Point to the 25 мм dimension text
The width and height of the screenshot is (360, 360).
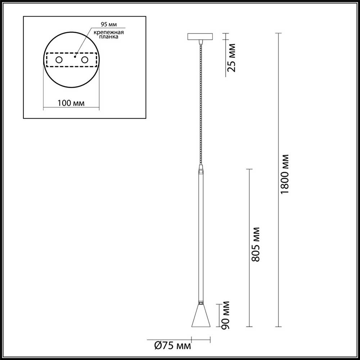232,58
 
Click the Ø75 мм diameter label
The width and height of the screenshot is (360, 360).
172,346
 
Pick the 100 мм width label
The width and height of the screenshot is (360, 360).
71,103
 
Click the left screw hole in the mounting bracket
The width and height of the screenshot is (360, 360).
58,60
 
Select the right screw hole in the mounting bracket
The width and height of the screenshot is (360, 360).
85,60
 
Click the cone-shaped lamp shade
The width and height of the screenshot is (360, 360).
201,317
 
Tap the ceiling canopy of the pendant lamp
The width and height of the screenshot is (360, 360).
201,37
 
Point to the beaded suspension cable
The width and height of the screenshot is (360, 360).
201,104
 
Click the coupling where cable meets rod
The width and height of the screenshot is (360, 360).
201,168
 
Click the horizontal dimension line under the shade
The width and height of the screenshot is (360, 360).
201,338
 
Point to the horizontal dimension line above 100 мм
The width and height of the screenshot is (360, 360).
71,107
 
